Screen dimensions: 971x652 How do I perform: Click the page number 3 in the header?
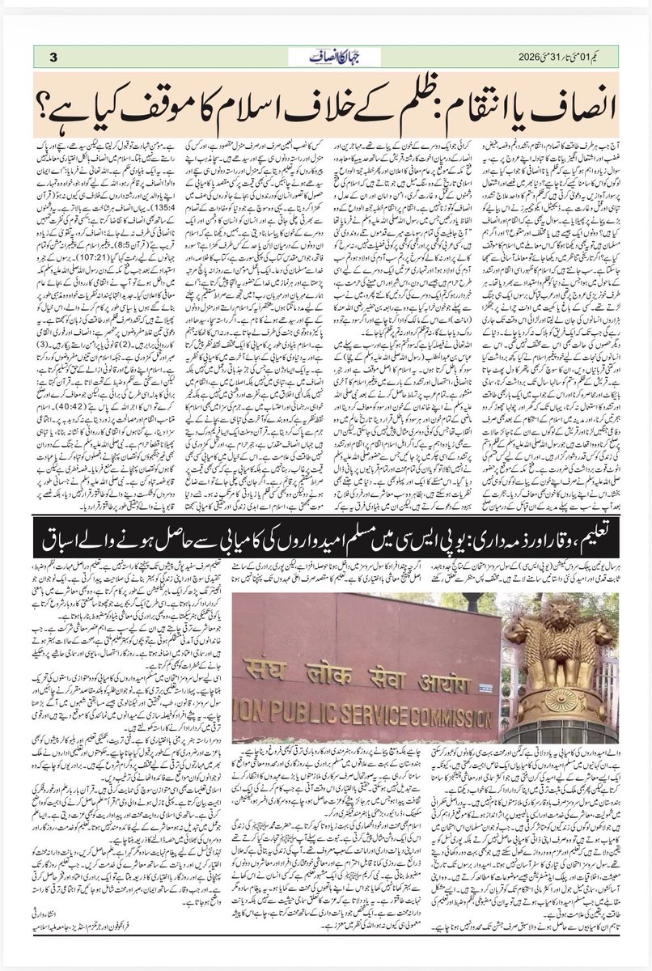(53, 56)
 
